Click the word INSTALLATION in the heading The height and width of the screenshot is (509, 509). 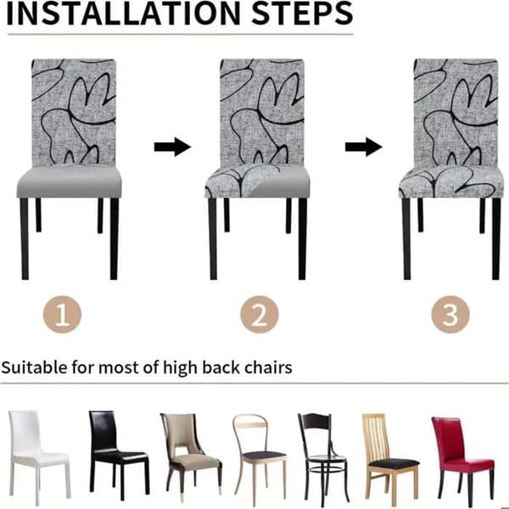pyautogui.click(x=123, y=14)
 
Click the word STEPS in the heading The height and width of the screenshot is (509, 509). pyautogui.click(x=302, y=14)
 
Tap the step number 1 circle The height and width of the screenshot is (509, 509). pyautogui.click(x=62, y=314)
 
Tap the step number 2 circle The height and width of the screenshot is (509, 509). pyautogui.click(x=260, y=314)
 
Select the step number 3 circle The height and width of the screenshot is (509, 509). pyautogui.click(x=450, y=314)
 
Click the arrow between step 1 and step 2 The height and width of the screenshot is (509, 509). pyautogui.click(x=172, y=147)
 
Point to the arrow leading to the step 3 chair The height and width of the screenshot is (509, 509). pyautogui.click(x=364, y=147)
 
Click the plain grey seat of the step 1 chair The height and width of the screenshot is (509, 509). pyautogui.click(x=70, y=182)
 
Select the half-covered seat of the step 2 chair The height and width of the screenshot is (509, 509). pyautogui.click(x=257, y=182)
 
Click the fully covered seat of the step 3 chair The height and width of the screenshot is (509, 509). pyautogui.click(x=451, y=182)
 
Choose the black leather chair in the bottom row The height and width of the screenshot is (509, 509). pyautogui.click(x=118, y=455)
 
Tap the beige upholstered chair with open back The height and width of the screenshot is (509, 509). pyautogui.click(x=191, y=455)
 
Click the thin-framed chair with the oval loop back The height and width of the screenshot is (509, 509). pyautogui.click(x=259, y=458)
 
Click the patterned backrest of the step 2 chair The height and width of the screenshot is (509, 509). pyautogui.click(x=261, y=111)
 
